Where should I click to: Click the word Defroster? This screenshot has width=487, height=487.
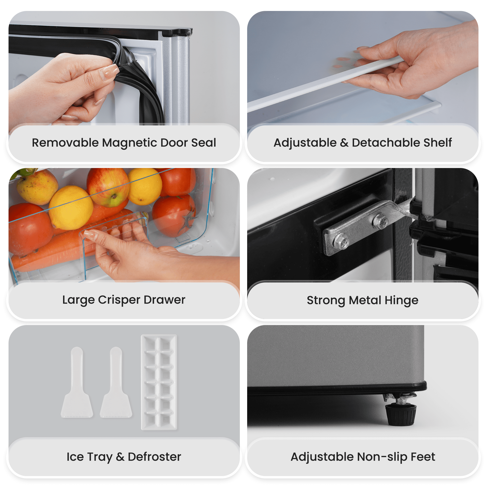tap(154, 457)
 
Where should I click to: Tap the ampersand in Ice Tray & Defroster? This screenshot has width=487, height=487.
tap(120, 457)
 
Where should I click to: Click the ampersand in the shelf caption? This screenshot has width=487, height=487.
tap(344, 143)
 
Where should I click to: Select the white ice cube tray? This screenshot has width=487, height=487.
tap(159, 382)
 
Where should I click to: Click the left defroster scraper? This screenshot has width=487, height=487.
tap(77, 382)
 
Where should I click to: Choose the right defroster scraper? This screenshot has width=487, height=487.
tap(116, 382)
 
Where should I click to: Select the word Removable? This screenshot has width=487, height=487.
tap(65, 143)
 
